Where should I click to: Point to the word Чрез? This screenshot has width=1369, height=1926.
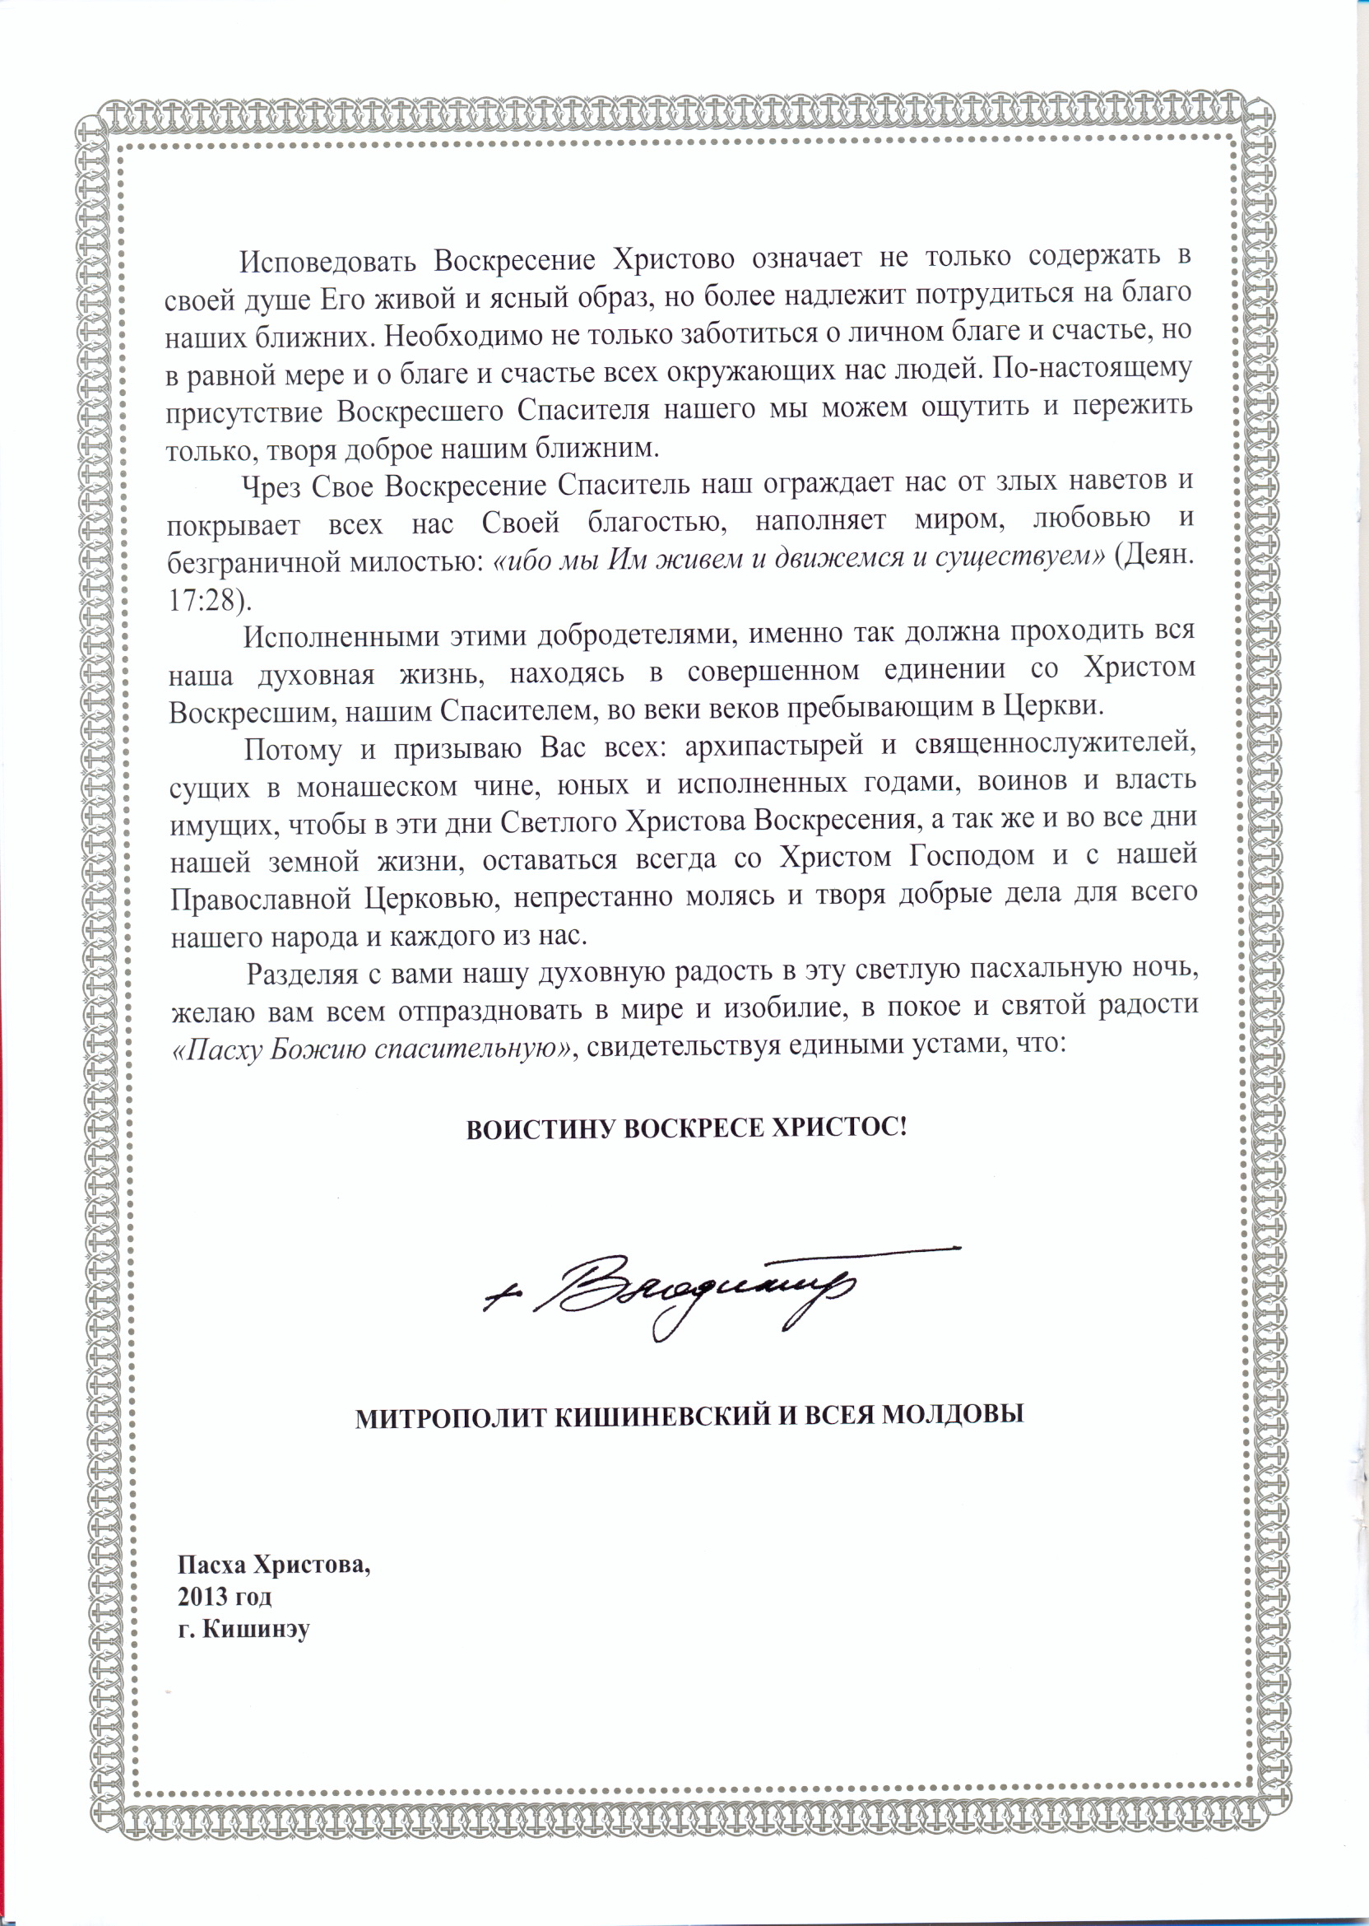pos(271,487)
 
